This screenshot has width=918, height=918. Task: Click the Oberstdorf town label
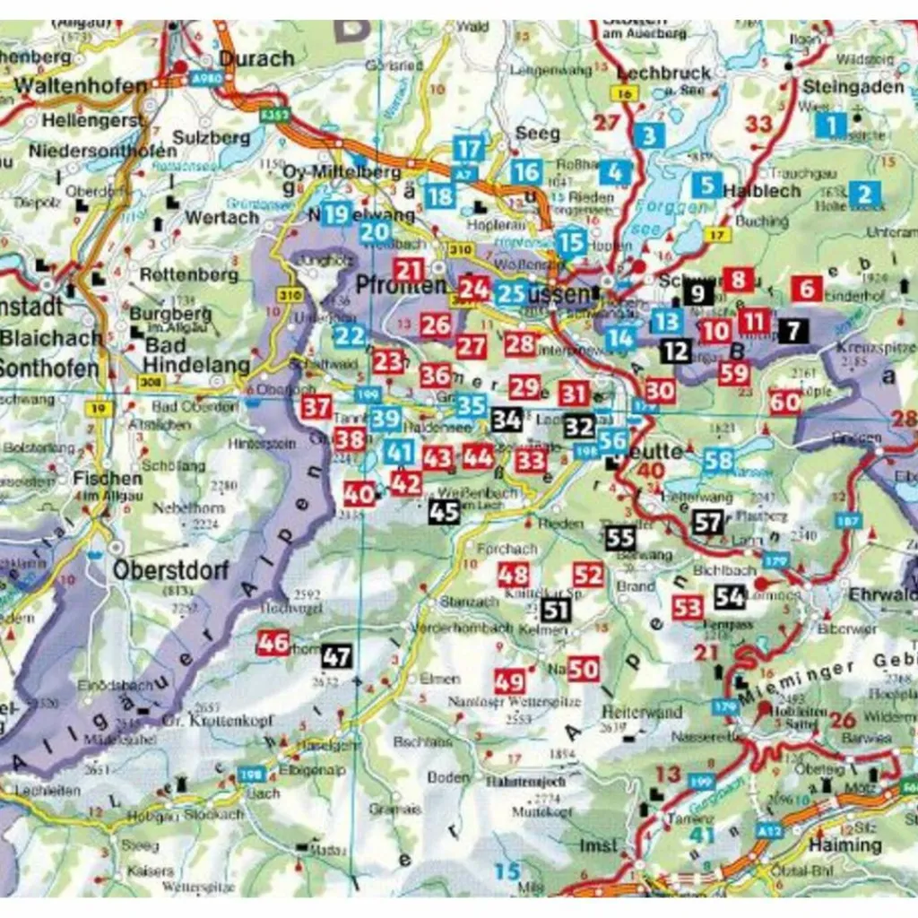tap(170, 570)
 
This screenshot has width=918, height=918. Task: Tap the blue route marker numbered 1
tap(831, 125)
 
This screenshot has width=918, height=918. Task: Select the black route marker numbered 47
tap(336, 656)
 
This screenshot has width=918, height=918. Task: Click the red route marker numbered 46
tap(273, 642)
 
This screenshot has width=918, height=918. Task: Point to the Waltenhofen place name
tap(81, 86)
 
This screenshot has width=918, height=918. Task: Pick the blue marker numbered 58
tap(718, 461)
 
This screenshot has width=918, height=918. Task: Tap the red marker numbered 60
tap(785, 403)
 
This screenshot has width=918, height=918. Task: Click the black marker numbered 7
tap(792, 331)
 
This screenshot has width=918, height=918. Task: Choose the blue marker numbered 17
tap(468, 148)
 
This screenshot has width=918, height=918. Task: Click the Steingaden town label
tap(853, 87)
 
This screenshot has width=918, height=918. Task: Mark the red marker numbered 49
tap(509, 681)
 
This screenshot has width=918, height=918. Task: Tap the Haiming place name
tap(845, 844)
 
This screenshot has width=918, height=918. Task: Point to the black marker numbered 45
tap(444, 512)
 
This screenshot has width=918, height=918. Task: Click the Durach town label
tap(256, 58)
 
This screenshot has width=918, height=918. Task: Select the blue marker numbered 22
tap(350, 336)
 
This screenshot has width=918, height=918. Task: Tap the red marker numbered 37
tap(316, 407)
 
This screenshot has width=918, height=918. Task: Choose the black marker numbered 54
tap(730, 596)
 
